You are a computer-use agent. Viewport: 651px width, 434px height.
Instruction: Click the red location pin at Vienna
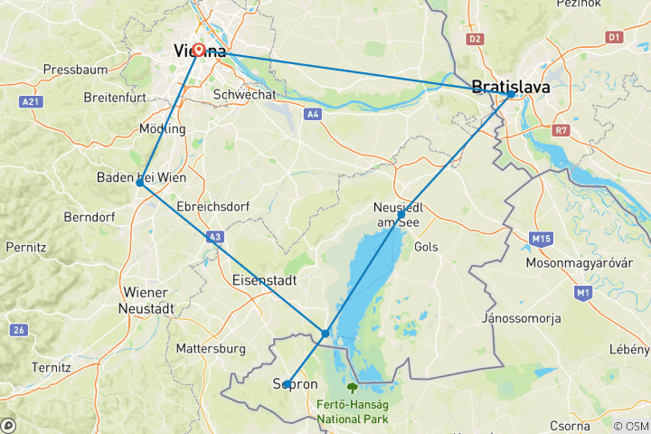[x=198, y=49]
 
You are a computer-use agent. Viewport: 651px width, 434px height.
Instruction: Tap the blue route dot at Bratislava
[x=511, y=94]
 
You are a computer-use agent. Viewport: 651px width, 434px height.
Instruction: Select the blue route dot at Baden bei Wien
[x=139, y=183]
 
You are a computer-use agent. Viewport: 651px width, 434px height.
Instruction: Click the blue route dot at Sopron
[x=287, y=384]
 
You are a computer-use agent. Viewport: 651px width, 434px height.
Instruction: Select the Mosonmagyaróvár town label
[x=584, y=263]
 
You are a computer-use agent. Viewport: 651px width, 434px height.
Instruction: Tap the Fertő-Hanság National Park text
[x=353, y=411]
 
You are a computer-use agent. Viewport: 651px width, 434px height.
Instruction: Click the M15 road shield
[x=542, y=239]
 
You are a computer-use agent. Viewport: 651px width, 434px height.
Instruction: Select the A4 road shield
[x=313, y=114]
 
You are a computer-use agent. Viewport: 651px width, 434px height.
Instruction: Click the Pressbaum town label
[x=76, y=69]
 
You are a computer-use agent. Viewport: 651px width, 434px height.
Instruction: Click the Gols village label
[x=425, y=246]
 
